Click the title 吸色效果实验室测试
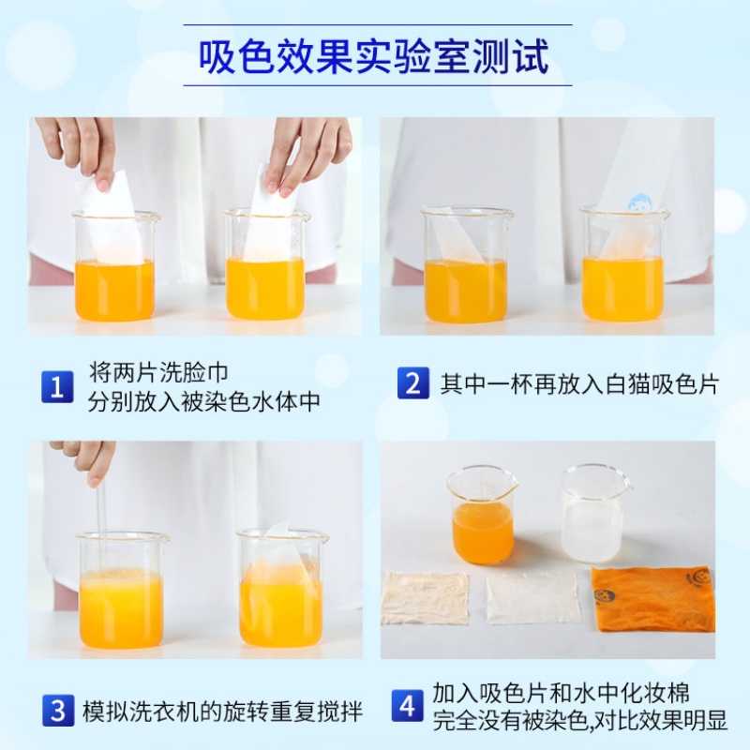(375, 57)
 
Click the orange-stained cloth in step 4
(652, 600)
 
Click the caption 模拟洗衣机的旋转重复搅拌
(222, 710)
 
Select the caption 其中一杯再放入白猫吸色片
(578, 383)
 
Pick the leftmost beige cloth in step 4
(426, 597)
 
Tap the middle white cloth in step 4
(532, 597)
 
